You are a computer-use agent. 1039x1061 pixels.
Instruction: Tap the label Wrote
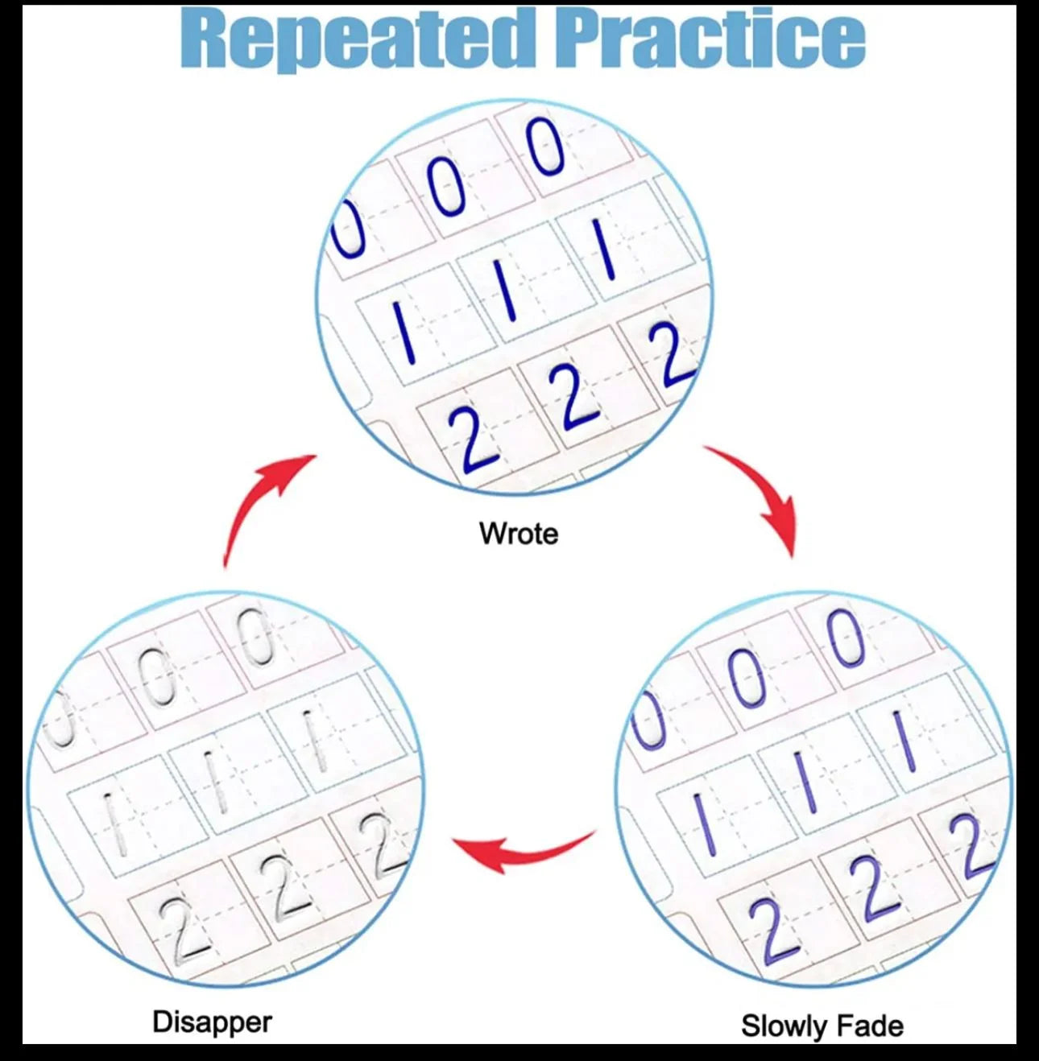click(519, 533)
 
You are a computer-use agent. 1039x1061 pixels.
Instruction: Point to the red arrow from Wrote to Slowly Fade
click(763, 493)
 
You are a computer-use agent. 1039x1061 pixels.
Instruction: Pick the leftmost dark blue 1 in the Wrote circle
click(404, 332)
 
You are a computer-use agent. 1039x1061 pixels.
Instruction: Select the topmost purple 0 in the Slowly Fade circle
click(847, 638)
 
